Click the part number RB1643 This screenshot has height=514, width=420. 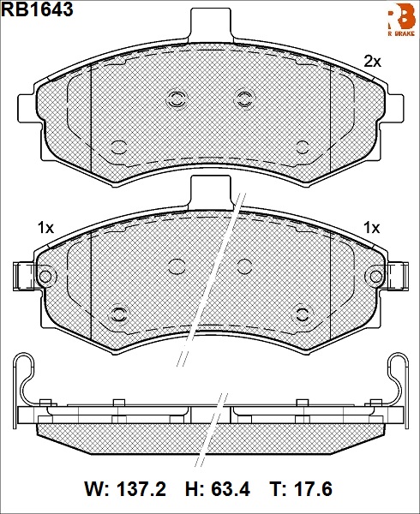click(37, 9)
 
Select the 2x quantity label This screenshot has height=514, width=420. click(373, 62)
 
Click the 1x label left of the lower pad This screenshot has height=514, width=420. click(46, 228)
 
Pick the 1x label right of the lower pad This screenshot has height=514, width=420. click(372, 228)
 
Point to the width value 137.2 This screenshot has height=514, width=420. click(141, 489)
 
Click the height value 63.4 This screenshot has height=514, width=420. click(231, 489)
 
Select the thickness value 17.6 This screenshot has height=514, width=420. click(313, 489)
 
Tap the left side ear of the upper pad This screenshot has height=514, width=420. click(29, 108)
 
